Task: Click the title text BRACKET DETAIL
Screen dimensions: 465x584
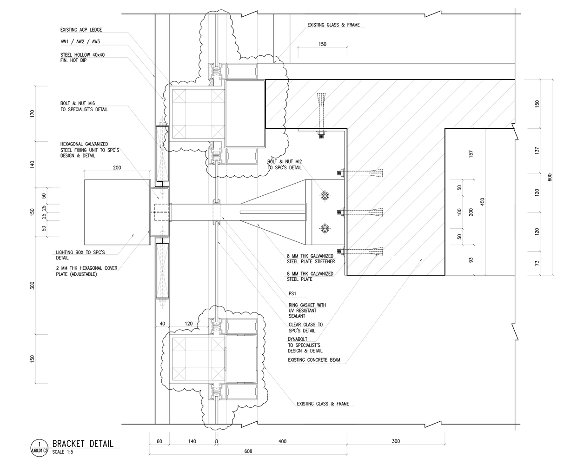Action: (82, 444)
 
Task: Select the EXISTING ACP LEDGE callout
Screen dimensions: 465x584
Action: (81, 30)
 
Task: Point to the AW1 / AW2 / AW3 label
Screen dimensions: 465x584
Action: (80, 42)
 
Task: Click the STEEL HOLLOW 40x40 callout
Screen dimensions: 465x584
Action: (82, 57)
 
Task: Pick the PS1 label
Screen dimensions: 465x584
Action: (292, 294)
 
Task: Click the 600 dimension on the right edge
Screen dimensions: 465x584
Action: (550, 177)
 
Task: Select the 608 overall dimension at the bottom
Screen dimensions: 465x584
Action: (248, 451)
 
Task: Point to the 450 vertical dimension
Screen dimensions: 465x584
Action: (483, 202)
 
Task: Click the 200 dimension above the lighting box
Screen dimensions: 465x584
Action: (117, 168)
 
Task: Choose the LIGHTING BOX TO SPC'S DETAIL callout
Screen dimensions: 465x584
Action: (80, 255)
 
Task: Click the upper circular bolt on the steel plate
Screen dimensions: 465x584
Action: (324, 196)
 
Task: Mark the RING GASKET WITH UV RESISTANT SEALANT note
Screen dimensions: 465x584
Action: (307, 310)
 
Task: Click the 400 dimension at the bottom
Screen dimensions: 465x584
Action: (282, 441)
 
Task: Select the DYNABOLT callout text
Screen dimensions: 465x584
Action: (305, 345)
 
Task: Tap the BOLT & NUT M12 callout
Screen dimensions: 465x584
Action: (284, 164)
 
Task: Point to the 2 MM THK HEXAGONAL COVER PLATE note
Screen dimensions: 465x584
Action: (86, 271)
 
